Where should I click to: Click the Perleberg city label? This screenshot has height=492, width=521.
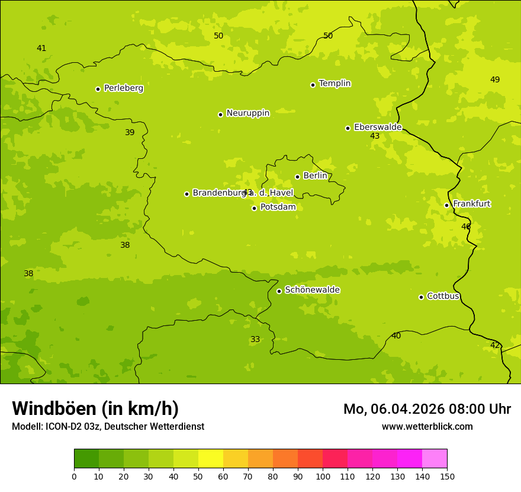(123, 88)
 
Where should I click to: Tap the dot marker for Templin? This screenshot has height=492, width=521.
(313, 85)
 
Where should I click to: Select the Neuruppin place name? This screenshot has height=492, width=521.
(247, 113)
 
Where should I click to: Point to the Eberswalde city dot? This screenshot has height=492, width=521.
(348, 128)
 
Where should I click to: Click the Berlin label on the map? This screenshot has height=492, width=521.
(315, 176)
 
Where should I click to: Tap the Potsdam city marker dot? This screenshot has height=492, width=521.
(254, 208)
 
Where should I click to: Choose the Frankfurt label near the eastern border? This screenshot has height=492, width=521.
(471, 204)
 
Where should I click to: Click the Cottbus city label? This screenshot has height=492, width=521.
(443, 296)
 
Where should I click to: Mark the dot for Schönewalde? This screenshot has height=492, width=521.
(279, 291)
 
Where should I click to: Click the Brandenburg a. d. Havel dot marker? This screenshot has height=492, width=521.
(186, 194)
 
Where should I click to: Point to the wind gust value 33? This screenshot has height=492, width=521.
(255, 340)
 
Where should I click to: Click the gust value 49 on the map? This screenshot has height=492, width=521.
(495, 80)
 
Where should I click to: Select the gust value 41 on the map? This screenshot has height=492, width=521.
(41, 49)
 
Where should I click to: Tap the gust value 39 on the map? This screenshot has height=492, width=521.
(130, 133)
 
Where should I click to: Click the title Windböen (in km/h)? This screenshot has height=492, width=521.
(95, 408)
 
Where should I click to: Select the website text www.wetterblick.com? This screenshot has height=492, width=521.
(427, 427)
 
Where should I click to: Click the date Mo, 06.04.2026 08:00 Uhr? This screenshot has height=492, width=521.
(427, 409)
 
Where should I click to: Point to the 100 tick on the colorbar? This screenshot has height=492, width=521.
(323, 476)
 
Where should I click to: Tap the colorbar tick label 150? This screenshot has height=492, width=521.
(447, 476)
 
